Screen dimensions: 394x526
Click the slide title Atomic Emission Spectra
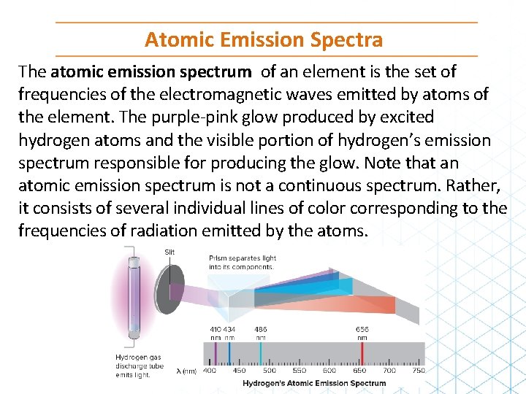[x=263, y=39]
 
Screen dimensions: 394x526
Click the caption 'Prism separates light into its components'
[x=242, y=262]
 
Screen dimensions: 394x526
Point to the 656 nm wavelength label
[x=362, y=333]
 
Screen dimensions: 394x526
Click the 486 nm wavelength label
[x=260, y=333]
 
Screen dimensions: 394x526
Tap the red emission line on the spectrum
[x=362, y=353]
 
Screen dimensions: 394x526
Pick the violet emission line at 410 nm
[x=215, y=353]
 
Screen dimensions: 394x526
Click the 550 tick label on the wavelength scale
[x=300, y=371]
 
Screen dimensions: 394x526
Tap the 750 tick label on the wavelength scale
[x=418, y=371]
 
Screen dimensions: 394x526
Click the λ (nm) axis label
[x=186, y=371]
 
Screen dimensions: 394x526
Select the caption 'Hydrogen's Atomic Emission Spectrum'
[x=314, y=383]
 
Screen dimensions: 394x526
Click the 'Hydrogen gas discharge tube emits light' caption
[x=139, y=366]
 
